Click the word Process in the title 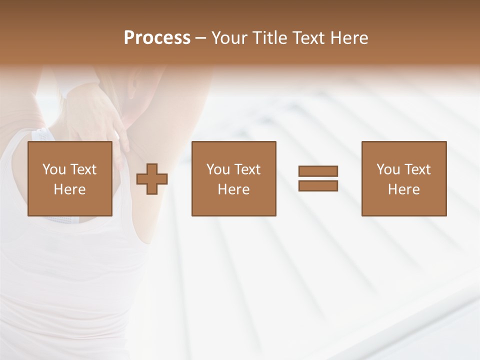[x=157, y=38]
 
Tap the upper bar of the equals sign [x=318, y=171]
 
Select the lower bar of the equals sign [x=318, y=186]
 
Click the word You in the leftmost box [x=54, y=169]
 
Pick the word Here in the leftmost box [x=69, y=189]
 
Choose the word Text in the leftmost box [x=82, y=169]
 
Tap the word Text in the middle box [x=246, y=169]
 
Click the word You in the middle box [x=218, y=169]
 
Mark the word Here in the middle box [x=233, y=189]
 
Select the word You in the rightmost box [x=388, y=169]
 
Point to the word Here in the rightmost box [x=403, y=189]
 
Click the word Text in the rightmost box [x=416, y=169]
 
